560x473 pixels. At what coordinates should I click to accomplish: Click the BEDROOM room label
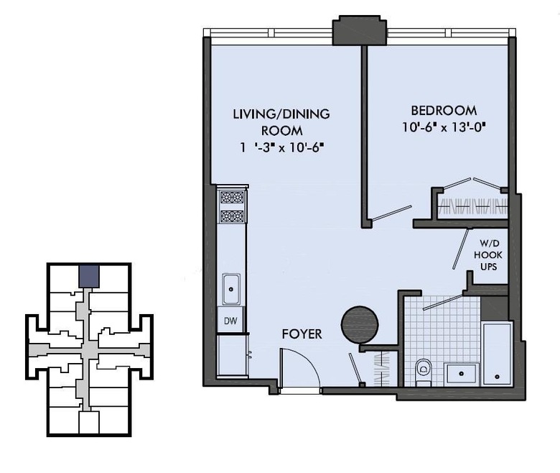coord(444,111)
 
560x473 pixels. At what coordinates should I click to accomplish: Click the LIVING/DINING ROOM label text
coord(281,122)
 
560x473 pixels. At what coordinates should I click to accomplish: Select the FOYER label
coord(302,334)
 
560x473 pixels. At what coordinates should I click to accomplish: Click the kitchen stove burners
coord(231,206)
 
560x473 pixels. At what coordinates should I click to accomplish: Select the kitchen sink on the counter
coord(231,289)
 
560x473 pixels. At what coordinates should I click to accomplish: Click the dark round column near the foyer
coord(359,324)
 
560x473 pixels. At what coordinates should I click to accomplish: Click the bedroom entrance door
coord(391,213)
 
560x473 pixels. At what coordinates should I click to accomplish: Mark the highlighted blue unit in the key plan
coord(88,275)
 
